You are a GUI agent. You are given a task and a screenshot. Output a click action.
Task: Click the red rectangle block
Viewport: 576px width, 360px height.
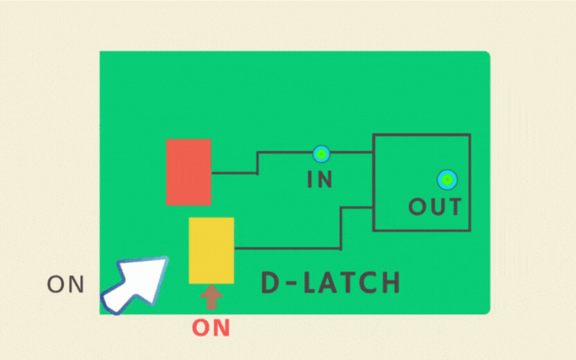[x=188, y=172]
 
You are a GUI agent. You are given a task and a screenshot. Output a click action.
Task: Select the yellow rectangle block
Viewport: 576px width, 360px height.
[x=211, y=250]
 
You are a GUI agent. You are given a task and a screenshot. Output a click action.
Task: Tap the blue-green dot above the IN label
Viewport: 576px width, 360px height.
[x=321, y=154]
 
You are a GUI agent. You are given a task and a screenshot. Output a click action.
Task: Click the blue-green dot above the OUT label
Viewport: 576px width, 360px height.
[x=447, y=180]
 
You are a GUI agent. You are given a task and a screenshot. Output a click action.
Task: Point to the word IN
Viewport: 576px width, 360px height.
[x=320, y=179]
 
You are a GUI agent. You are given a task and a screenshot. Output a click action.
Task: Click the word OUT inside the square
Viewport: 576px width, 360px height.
[x=435, y=206]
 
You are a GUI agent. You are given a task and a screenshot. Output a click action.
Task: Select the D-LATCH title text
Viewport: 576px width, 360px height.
[x=330, y=283]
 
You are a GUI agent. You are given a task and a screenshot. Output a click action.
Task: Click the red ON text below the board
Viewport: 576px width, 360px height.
[x=211, y=328]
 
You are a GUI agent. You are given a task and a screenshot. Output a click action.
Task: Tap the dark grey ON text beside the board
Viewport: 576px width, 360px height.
[x=66, y=284]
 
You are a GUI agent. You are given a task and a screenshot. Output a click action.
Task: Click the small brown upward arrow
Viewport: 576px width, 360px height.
[x=211, y=297]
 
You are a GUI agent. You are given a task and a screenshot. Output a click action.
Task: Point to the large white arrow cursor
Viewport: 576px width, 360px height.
[x=135, y=284]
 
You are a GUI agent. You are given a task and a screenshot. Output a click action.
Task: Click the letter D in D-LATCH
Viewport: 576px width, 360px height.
[x=270, y=283]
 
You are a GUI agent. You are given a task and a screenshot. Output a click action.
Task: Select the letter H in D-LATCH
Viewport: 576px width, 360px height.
[x=391, y=283]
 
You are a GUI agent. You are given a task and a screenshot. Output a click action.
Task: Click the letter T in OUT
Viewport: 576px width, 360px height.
[x=454, y=206]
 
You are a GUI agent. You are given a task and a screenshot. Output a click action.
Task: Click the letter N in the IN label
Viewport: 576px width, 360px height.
[x=324, y=179]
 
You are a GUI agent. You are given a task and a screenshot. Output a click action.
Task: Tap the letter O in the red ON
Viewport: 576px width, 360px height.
[x=201, y=328]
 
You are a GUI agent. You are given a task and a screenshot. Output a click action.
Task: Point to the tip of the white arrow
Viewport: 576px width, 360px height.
[x=167, y=257]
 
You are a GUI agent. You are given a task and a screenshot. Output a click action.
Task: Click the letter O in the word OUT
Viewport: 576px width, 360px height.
[x=418, y=206]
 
